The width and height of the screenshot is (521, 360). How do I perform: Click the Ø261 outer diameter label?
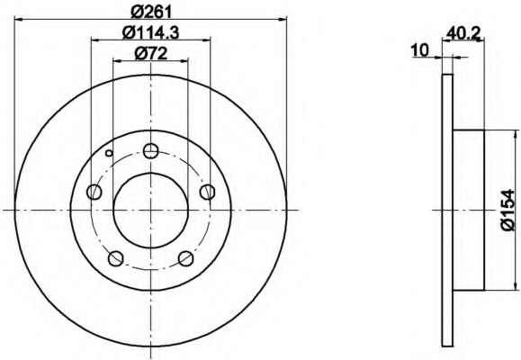click(152, 12)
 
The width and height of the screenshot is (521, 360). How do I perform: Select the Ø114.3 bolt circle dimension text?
click(151, 32)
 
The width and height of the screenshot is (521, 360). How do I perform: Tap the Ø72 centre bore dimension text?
click(151, 53)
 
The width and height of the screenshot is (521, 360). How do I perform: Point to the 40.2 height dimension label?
click(463, 33)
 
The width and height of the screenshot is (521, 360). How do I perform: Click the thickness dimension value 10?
click(420, 50)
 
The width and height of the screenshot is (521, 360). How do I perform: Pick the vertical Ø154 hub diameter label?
click(508, 210)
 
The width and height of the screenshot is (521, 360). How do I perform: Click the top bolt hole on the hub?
click(151, 151)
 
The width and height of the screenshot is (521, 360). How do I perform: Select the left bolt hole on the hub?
click(94, 192)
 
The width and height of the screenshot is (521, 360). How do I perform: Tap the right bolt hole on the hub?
click(208, 192)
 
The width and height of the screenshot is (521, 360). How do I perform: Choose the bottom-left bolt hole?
click(116, 258)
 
